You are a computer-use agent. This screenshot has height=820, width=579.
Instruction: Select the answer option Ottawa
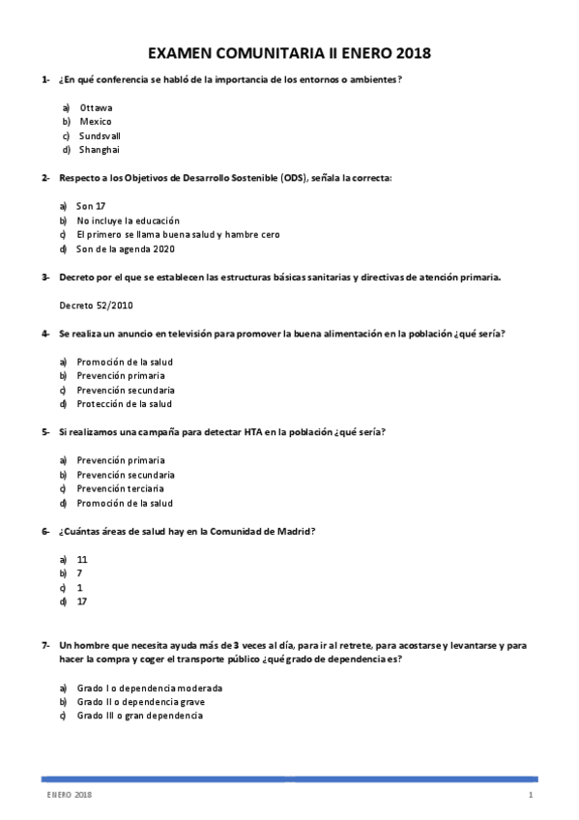pyautogui.click(x=96, y=107)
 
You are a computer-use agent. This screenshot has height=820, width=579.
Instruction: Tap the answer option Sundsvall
pyautogui.click(x=100, y=135)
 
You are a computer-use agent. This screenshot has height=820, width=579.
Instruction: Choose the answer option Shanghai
pyautogui.click(x=99, y=150)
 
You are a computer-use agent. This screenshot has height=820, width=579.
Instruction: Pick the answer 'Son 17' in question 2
pyautogui.click(x=91, y=206)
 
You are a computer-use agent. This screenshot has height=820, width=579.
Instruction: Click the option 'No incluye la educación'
pyautogui.click(x=128, y=220)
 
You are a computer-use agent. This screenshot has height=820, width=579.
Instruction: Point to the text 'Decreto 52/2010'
pyautogui.click(x=96, y=305)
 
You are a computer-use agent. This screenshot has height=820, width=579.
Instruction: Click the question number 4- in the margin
pyautogui.click(x=45, y=333)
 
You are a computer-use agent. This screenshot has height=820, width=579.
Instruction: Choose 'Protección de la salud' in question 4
pyautogui.click(x=125, y=403)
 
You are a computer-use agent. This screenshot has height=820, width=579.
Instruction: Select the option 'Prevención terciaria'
pyautogui.click(x=121, y=488)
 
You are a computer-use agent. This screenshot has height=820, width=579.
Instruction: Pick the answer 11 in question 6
pyautogui.click(x=82, y=559)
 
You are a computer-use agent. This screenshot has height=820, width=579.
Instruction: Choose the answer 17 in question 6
pyautogui.click(x=82, y=601)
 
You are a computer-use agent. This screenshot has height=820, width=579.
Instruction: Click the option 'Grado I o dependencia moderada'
pyautogui.click(x=149, y=688)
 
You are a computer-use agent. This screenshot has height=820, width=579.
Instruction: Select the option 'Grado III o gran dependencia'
pyautogui.click(x=140, y=716)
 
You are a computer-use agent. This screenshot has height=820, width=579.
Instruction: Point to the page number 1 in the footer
pyautogui.click(x=531, y=795)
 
